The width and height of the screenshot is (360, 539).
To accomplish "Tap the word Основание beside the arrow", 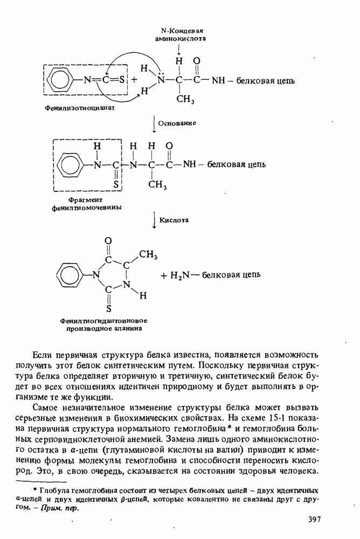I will coord(176,123).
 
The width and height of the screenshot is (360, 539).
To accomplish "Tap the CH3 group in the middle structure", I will coord(158,185).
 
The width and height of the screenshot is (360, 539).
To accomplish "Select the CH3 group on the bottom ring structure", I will coord(148,254).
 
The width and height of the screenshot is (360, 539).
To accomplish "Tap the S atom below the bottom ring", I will coord(108,309).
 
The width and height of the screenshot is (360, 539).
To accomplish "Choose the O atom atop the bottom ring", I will coord(108,240).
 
